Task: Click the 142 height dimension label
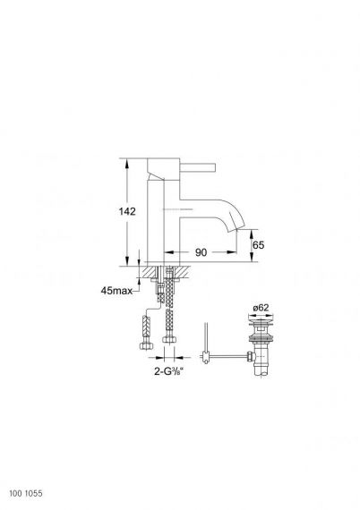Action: click(127, 211)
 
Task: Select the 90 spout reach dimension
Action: click(201, 252)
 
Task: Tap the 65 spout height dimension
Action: click(259, 245)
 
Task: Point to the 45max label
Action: click(116, 291)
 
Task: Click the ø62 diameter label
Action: click(261, 308)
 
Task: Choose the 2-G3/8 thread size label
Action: click(169, 371)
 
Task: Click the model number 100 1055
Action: click(26, 493)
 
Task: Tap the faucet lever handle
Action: click(198, 167)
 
